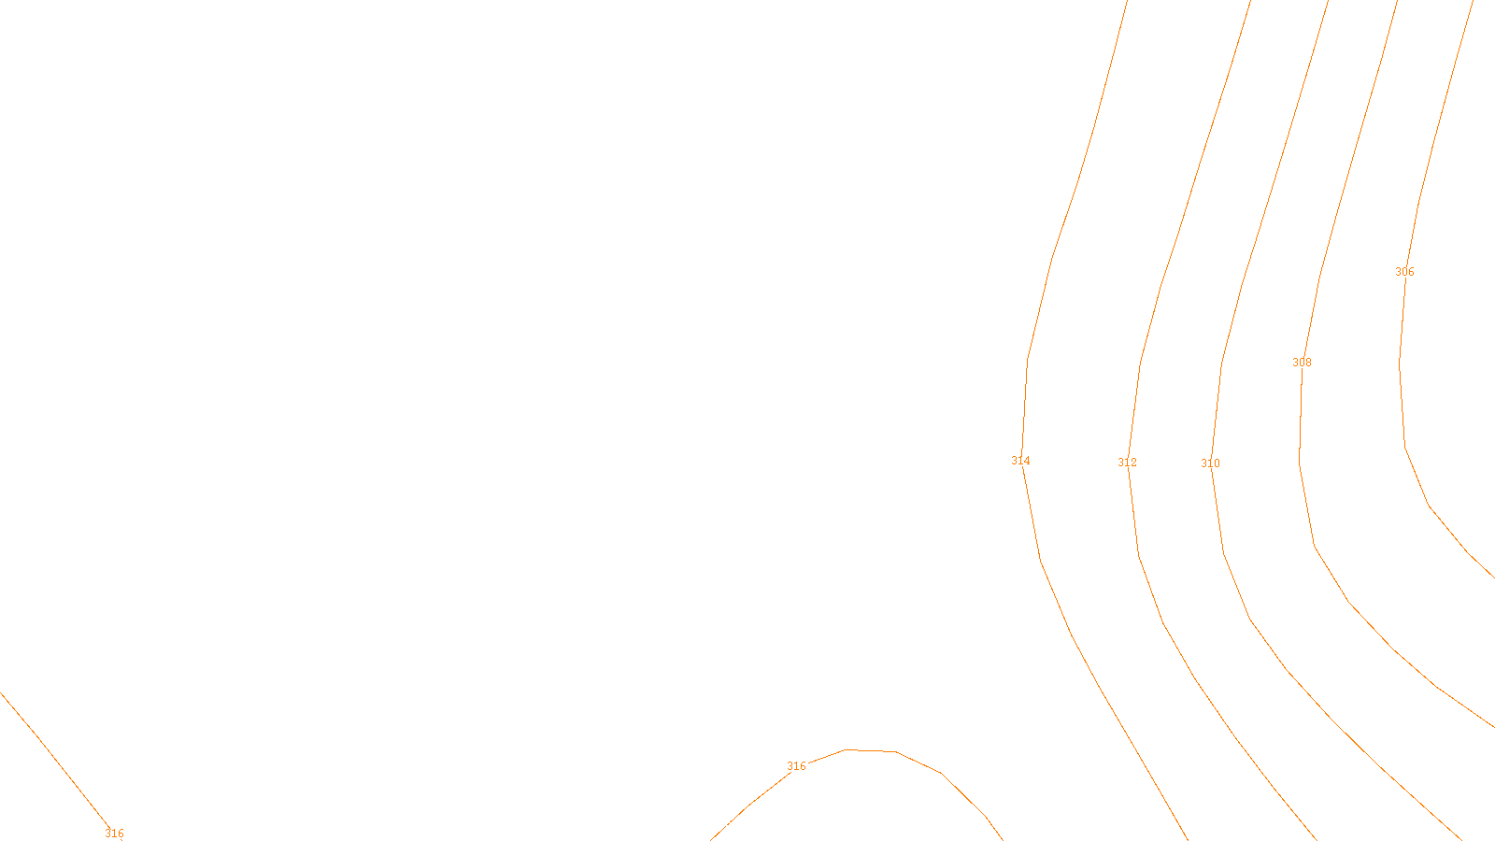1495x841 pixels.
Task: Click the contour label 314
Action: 1020,461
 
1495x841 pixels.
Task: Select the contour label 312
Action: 1127,463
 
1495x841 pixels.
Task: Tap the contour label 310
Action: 1210,463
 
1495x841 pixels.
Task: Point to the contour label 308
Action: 1302,363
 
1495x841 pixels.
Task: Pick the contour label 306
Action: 1404,272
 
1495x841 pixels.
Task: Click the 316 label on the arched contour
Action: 796,766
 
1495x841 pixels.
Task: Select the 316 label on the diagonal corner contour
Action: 114,834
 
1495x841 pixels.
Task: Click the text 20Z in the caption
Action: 709,826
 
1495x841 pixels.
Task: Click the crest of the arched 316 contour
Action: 870,750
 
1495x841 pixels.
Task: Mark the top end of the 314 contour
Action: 1127,2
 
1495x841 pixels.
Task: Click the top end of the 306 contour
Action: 1473,2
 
